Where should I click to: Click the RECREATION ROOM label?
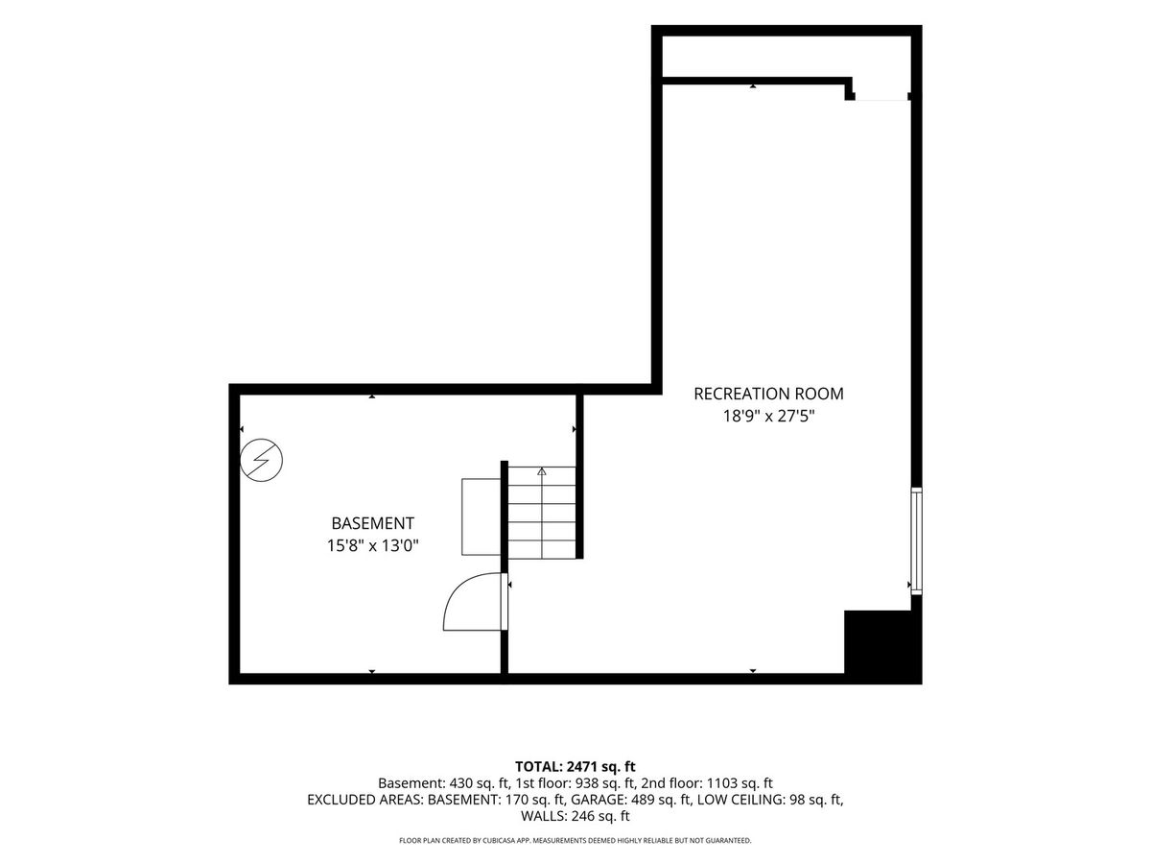(768, 394)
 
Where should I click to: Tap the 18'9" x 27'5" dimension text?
(768, 417)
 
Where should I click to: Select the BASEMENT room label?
(373, 523)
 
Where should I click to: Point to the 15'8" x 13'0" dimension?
(373, 546)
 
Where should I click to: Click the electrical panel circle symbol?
(261, 460)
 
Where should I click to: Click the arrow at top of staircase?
(542, 471)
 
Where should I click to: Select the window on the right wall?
(916, 540)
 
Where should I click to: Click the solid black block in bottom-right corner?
(882, 647)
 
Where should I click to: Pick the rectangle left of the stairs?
(481, 516)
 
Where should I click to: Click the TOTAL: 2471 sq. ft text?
(575, 767)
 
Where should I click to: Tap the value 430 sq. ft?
(480, 783)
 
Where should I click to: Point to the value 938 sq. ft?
(605, 783)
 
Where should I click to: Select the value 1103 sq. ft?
(740, 783)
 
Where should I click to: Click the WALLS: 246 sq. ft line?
(575, 816)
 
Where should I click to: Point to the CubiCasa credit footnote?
(575, 840)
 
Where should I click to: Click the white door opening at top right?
(881, 98)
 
